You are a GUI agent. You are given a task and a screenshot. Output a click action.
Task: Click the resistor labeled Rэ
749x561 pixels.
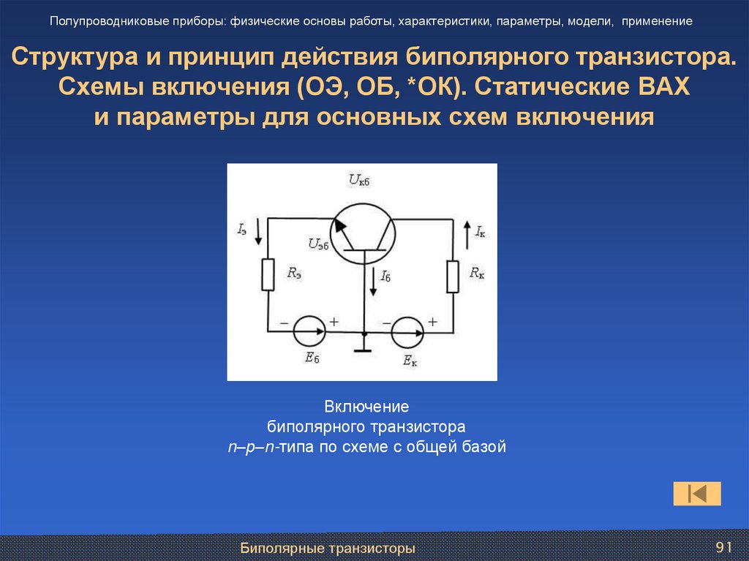[268, 274]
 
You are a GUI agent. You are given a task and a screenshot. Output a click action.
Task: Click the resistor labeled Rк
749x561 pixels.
[453, 276]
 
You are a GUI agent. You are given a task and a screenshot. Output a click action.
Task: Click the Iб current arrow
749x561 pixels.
[373, 282]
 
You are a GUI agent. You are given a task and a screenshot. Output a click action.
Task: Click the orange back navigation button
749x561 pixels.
[697, 494]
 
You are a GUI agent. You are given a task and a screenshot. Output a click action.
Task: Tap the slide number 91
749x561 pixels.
[723, 548]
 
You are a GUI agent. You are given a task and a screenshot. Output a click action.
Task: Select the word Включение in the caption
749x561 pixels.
[366, 406]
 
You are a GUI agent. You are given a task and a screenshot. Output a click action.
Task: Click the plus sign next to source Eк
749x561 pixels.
[432, 321]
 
